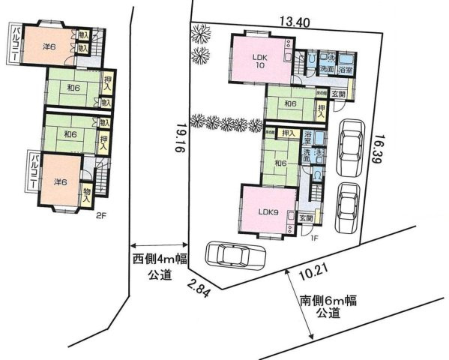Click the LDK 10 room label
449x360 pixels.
point(259,61)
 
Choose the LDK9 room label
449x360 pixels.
point(268,211)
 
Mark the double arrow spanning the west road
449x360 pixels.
point(159,244)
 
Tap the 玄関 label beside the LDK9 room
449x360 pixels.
point(306,218)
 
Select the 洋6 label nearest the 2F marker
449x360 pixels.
point(60,181)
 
